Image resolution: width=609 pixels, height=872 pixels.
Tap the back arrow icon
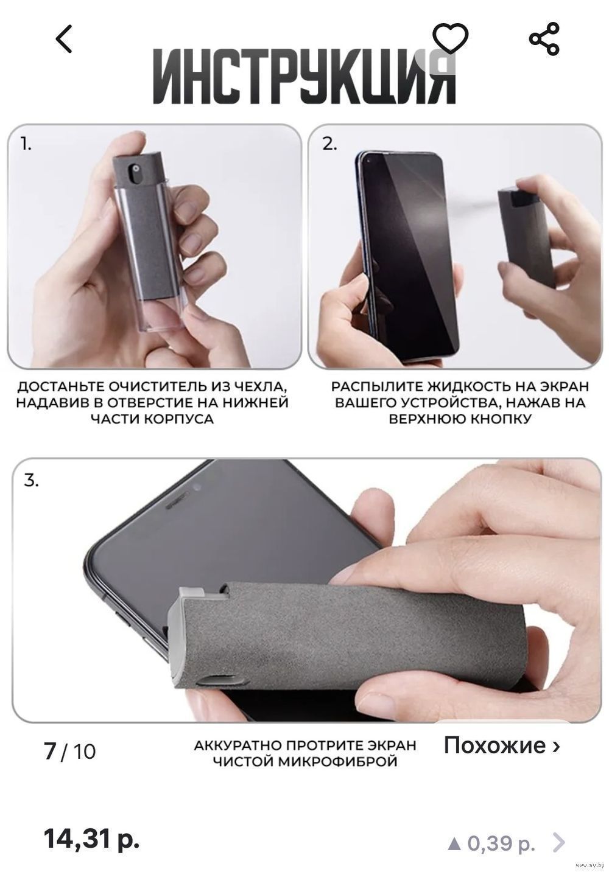pyautogui.click(x=64, y=38)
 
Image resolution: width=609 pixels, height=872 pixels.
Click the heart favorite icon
pyautogui.click(x=451, y=38)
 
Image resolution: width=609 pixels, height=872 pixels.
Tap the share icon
pyautogui.click(x=544, y=38)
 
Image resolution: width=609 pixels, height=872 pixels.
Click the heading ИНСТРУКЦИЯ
pyautogui.click(x=304, y=77)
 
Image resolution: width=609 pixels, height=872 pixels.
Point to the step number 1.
pyautogui.click(x=26, y=144)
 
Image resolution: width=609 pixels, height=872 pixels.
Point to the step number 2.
pyautogui.click(x=329, y=144)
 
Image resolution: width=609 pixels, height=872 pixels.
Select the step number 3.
pyautogui.click(x=31, y=481)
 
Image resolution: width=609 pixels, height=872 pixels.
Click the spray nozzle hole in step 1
pyautogui.click(x=136, y=169)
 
